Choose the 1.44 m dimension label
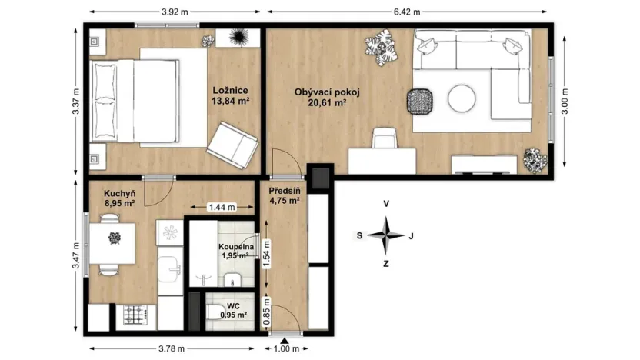(x=220, y=208)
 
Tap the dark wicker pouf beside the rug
(x=420, y=100)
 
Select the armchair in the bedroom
(x=232, y=145)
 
